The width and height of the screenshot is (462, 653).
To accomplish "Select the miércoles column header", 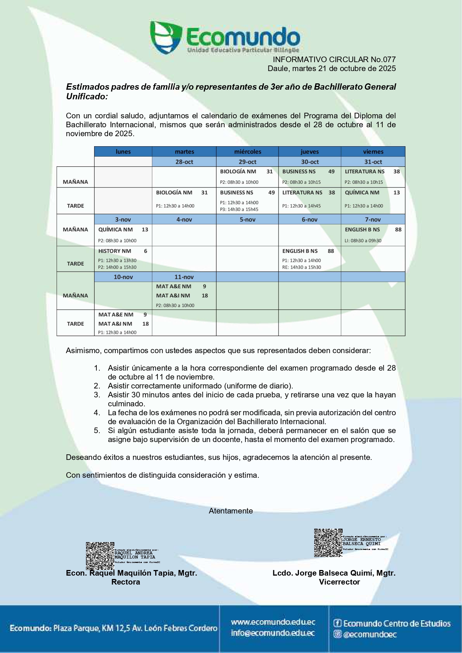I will click(x=248, y=151).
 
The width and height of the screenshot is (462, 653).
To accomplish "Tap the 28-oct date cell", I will click(x=184, y=162).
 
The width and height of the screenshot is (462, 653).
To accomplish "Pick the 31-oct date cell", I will click(x=373, y=162).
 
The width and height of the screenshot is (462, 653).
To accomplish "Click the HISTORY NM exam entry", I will click(x=115, y=251).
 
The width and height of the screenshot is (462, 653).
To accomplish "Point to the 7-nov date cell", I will click(x=373, y=220).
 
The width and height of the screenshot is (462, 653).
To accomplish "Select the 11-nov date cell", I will click(x=184, y=277).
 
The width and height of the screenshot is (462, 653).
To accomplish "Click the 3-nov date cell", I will click(x=123, y=220).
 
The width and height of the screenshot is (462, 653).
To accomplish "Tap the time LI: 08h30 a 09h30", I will click(x=363, y=241).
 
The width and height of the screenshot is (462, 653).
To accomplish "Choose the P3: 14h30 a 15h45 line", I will click(x=239, y=209).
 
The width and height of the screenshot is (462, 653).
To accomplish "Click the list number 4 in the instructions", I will click(x=97, y=413).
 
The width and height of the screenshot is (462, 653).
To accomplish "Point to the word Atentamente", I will click(x=231, y=511).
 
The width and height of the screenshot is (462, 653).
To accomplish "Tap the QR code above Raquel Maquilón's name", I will click(x=100, y=556).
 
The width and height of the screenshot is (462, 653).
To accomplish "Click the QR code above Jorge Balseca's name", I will click(x=328, y=542).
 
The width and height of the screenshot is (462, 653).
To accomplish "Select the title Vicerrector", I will click(x=339, y=582).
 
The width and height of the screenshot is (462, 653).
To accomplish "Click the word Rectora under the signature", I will click(x=125, y=582).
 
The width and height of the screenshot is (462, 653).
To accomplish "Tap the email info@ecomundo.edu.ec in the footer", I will click(x=273, y=633).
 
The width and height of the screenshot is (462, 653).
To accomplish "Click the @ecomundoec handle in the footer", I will click(x=370, y=634).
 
